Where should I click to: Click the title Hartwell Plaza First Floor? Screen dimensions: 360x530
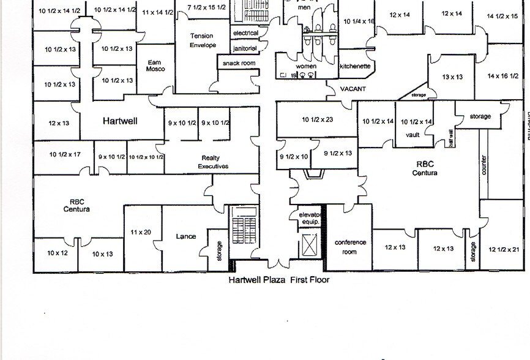point(278,280)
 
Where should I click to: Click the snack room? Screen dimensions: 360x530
point(239,63)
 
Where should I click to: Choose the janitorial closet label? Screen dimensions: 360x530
point(245,48)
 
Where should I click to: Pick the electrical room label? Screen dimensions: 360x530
point(245,33)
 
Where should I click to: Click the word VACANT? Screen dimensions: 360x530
point(353,89)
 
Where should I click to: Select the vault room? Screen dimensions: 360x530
point(412,135)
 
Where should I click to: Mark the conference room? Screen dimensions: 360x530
point(350,247)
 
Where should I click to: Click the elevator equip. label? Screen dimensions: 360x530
point(309,219)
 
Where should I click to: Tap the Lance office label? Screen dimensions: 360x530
point(185,236)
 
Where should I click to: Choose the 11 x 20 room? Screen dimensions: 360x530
point(141,232)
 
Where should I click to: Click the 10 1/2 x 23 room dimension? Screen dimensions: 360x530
point(317,119)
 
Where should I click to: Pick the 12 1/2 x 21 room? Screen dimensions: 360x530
point(506,249)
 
